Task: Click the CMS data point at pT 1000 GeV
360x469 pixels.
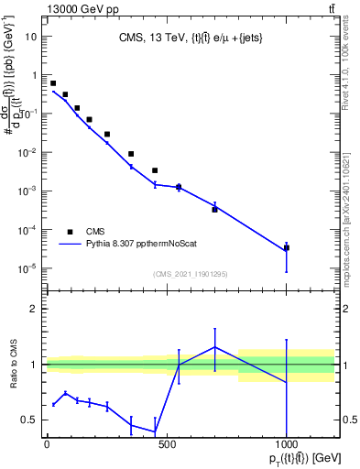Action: pos(287,247)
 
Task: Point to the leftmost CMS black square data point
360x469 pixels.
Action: pos(53,83)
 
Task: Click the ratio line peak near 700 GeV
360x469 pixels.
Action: pos(214,347)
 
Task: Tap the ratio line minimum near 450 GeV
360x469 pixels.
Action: pos(155,431)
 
